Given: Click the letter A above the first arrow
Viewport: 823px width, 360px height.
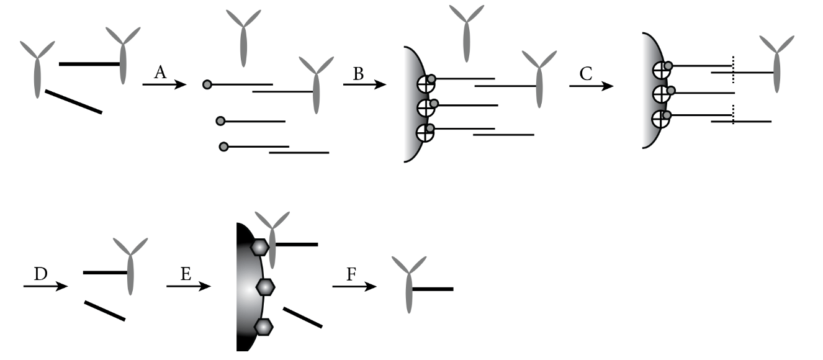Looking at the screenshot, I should click(x=160, y=73).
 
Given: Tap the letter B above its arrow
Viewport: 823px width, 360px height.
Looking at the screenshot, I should click(x=358, y=74).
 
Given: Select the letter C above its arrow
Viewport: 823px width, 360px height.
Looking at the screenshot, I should click(x=585, y=74).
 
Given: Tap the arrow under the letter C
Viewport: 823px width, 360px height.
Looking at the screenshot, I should click(x=591, y=86).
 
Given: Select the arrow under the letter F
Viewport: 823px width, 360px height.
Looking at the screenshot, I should click(x=354, y=287).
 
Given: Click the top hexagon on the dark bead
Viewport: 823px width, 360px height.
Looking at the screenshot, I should click(x=259, y=247).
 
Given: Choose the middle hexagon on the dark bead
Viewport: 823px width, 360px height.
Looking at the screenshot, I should click(x=266, y=287).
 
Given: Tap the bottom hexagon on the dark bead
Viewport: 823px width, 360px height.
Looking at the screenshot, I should click(x=264, y=326).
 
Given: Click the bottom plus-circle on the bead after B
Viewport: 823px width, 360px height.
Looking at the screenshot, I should click(x=426, y=133).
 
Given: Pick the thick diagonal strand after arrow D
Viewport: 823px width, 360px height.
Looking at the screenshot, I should click(x=104, y=310).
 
